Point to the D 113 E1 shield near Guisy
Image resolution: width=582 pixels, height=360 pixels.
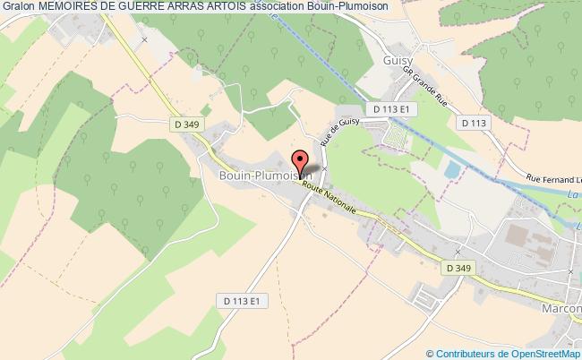point(396,108)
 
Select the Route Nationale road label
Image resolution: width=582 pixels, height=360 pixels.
point(330,198)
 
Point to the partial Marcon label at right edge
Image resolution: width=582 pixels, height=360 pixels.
point(562,310)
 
